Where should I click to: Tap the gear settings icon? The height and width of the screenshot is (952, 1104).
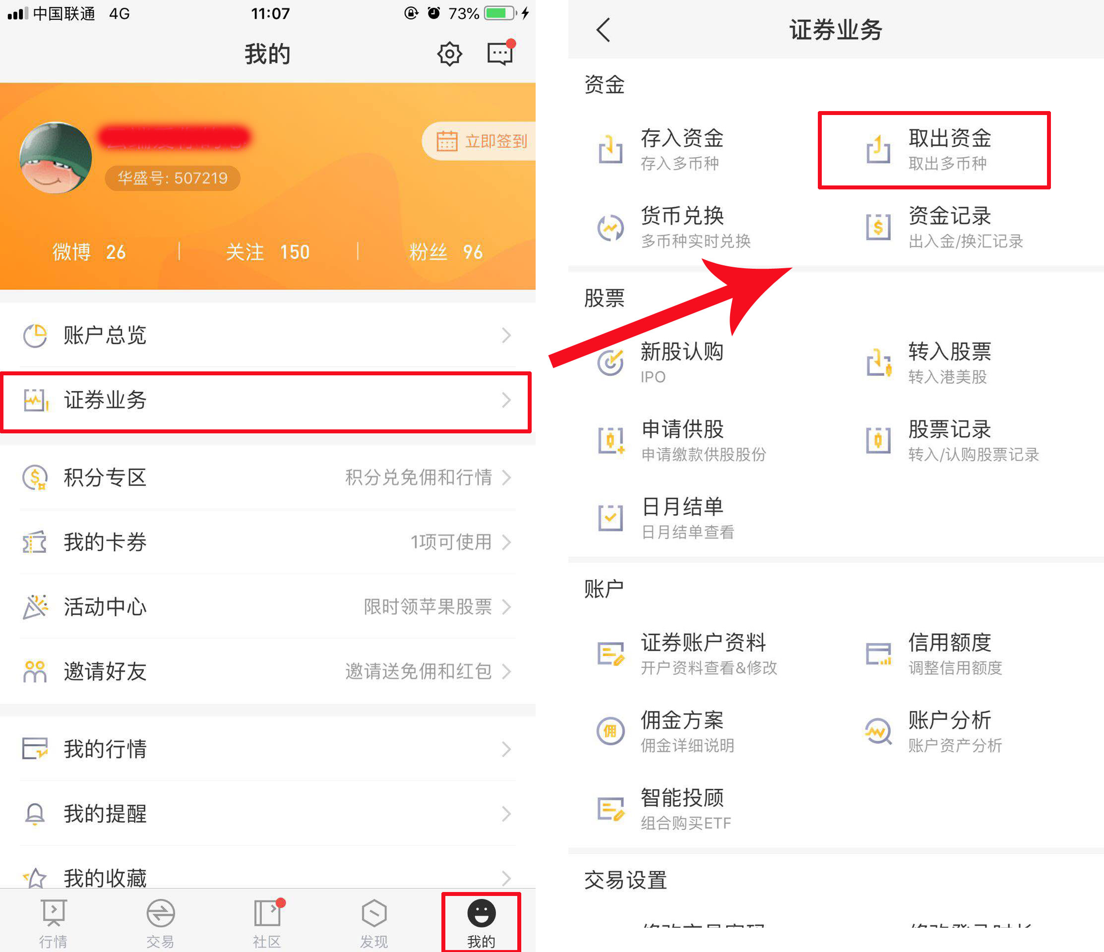click(449, 54)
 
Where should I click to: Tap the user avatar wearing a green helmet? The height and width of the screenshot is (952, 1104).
click(56, 158)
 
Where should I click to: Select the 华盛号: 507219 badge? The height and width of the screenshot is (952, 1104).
click(172, 178)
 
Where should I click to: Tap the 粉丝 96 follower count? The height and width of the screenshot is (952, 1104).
click(445, 252)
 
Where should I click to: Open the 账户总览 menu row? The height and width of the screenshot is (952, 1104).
click(266, 335)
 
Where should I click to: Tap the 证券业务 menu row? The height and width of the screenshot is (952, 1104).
click(266, 401)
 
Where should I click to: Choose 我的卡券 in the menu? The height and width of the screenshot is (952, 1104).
click(266, 542)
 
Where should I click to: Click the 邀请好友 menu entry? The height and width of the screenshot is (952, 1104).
click(266, 671)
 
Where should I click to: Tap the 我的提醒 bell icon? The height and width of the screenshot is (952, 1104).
click(35, 814)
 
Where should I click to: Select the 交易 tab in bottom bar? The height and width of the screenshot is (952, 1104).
click(160, 922)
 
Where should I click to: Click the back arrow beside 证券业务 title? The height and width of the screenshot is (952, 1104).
click(603, 30)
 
